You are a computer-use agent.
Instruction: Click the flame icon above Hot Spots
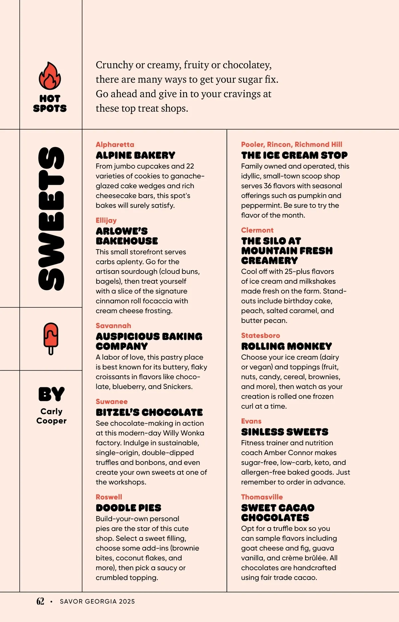click(x=50, y=76)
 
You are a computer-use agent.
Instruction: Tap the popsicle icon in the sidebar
click(x=51, y=338)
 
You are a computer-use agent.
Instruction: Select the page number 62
click(x=40, y=601)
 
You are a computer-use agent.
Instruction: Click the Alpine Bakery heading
click(x=135, y=155)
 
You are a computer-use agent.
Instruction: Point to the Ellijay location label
click(x=106, y=220)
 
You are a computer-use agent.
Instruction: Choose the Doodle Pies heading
click(x=128, y=508)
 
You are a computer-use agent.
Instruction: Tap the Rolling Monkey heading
click(x=286, y=346)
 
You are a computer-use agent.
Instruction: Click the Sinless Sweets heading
click(x=285, y=432)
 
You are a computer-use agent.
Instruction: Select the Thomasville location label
click(x=262, y=497)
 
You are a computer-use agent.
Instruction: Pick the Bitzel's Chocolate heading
click(x=149, y=412)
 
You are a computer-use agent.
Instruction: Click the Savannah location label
click(x=113, y=326)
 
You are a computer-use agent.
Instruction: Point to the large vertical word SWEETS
click(x=51, y=219)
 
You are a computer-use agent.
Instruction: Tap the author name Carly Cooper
click(x=52, y=416)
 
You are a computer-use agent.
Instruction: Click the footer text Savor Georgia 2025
click(x=97, y=601)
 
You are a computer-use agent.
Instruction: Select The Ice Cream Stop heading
click(x=294, y=155)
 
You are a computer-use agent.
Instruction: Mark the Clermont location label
click(x=257, y=230)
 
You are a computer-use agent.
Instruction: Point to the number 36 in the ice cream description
click(x=268, y=186)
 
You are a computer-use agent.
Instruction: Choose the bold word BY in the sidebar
click(x=51, y=394)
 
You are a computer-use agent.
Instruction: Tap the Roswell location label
click(x=109, y=497)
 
